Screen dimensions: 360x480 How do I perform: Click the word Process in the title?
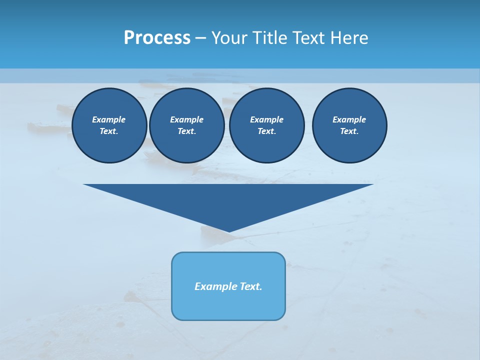157,38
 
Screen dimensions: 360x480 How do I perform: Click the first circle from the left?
109,125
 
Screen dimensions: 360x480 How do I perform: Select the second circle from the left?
186,125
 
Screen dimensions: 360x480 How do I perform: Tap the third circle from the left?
266,125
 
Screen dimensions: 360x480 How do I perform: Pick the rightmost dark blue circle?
349,125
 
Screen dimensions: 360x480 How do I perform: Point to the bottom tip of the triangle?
228,231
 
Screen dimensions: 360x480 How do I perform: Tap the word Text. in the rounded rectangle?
251,286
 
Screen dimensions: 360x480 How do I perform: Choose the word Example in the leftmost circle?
109,119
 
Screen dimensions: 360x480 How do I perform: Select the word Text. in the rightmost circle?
349,131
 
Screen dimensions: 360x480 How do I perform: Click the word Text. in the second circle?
186,131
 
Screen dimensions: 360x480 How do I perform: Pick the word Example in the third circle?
266,119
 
